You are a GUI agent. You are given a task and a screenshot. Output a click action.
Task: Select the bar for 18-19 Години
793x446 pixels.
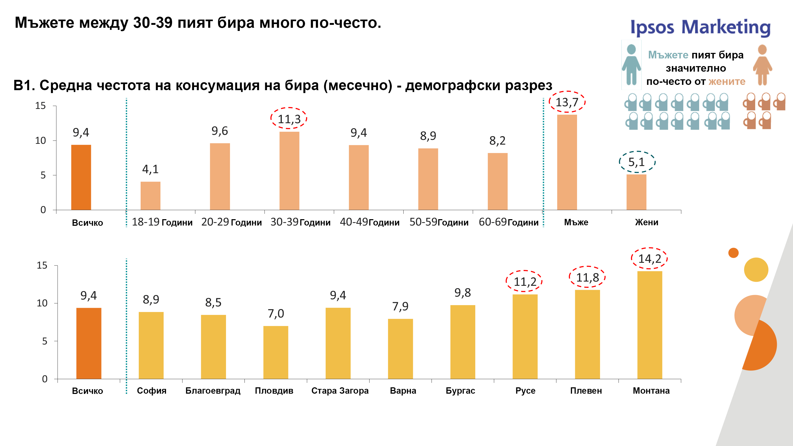pos(150,196)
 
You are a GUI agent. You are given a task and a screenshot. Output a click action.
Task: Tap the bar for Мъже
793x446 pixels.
pos(567,162)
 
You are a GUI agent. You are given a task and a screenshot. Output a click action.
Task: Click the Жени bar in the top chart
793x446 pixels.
pos(636,192)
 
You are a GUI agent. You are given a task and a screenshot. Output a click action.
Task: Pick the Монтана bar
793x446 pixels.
pos(649,325)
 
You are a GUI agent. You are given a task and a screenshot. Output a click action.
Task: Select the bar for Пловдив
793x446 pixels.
pos(275,352)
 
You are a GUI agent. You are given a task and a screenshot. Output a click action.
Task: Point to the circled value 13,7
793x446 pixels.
pos(567,102)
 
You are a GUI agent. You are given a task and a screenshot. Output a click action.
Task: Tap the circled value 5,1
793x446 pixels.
pos(637,162)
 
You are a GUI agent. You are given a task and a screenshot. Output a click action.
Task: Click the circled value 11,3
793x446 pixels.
pos(289,119)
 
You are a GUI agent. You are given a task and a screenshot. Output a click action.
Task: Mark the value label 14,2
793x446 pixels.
pos(649,259)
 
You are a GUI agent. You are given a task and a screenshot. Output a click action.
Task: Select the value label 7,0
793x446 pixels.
pos(276,313)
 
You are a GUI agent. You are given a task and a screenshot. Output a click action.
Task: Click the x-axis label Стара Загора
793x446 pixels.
pos(340,390)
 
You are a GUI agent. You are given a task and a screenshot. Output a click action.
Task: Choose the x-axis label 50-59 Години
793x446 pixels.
pos(439,222)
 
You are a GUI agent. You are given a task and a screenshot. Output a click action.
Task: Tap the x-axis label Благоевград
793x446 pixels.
pos(213,390)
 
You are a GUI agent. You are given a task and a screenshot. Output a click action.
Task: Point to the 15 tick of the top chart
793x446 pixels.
pos(40,106)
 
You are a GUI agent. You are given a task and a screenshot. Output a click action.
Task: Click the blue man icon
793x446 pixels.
pos(631,65)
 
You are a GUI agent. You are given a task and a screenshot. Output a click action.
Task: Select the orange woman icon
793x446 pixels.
pos(762,65)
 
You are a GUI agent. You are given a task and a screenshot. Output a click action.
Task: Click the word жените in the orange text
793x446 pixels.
pos(727,82)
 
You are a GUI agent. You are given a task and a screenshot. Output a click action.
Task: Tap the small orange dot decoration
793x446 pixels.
pos(733,253)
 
